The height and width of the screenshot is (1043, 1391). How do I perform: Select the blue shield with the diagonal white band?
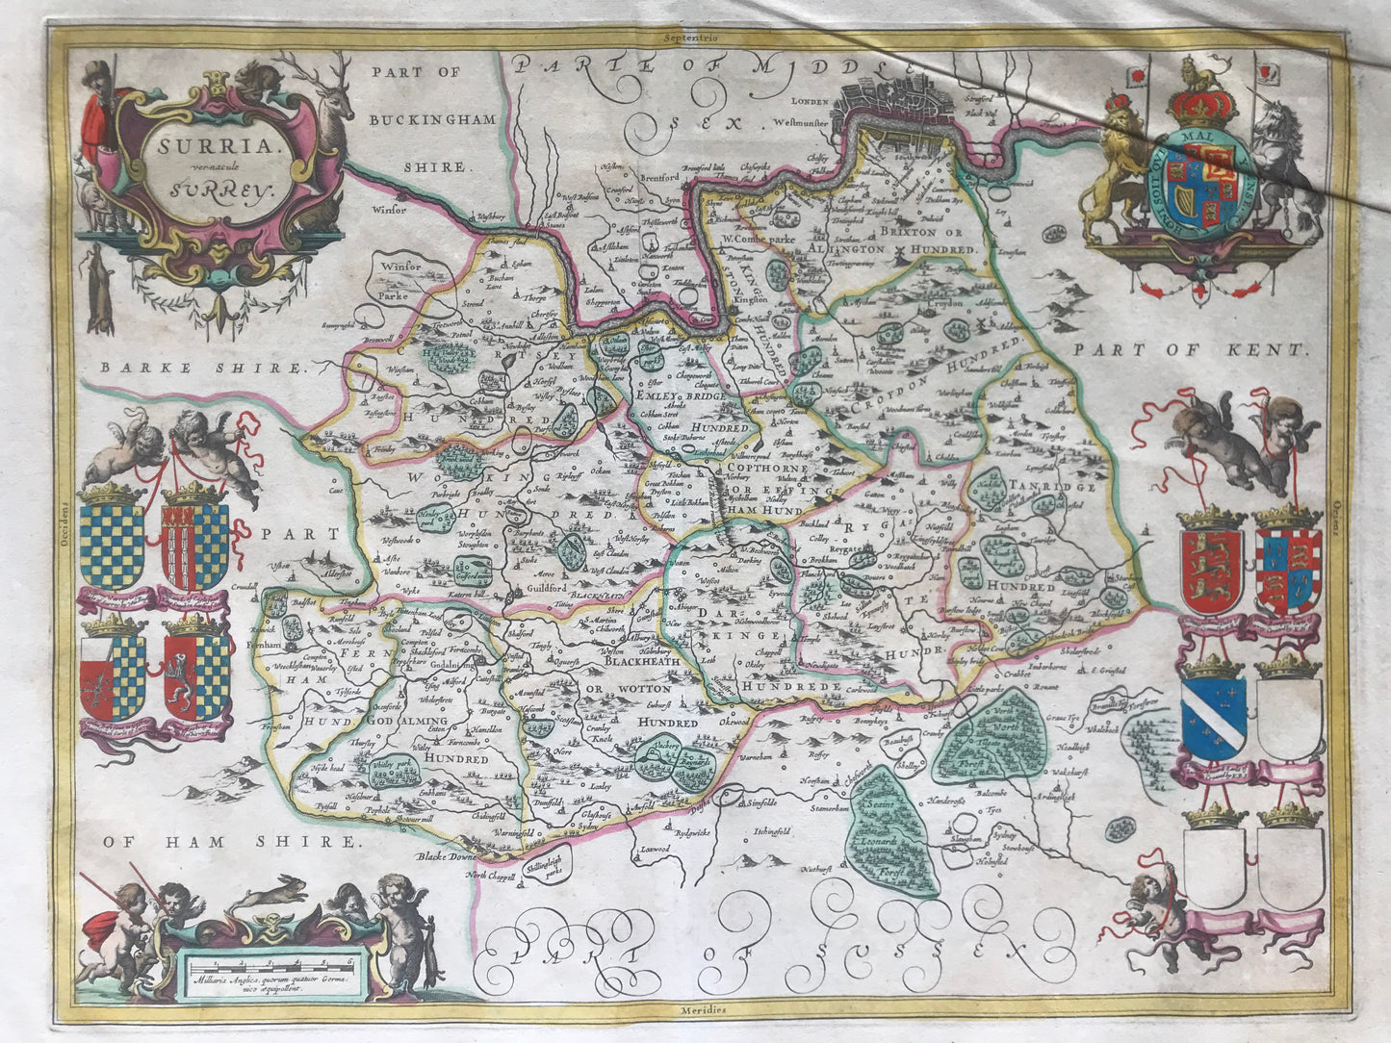[x=1213, y=717]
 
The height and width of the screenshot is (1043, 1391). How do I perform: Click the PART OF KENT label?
[x=1192, y=351]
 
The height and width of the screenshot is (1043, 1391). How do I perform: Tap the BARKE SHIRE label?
[x=198, y=368]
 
